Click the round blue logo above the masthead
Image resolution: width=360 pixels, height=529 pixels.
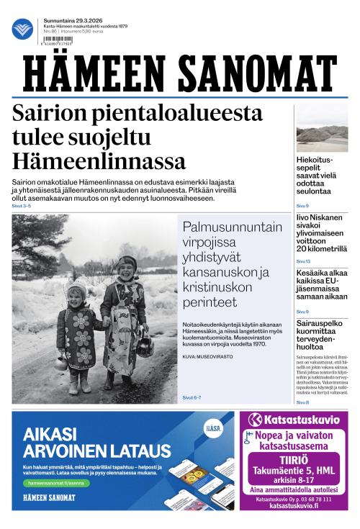pos(23,29)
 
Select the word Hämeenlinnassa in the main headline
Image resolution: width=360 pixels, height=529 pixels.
pos(99,160)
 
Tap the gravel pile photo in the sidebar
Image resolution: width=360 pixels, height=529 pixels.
pos(322,129)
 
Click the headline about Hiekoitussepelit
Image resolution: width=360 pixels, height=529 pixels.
pos(315,176)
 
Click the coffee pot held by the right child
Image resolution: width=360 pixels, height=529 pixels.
pos(145,346)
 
